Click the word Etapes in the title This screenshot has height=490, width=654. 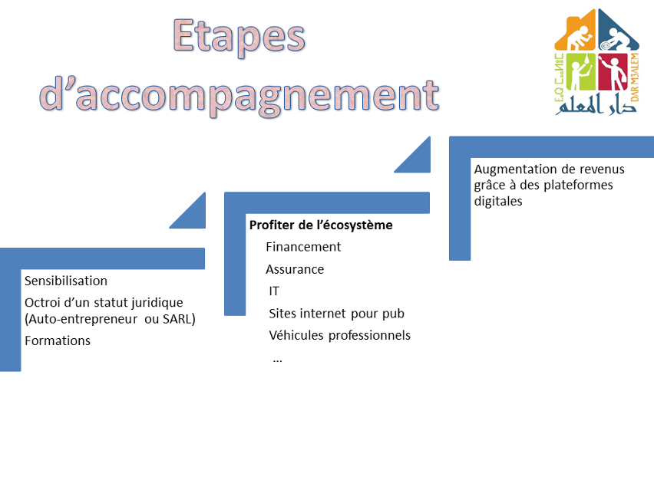pyautogui.click(x=239, y=38)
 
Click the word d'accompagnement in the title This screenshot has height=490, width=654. pyautogui.click(x=239, y=97)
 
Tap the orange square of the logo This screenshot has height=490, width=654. pyautogui.click(x=575, y=31)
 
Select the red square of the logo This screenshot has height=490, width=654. pyautogui.click(x=613, y=71)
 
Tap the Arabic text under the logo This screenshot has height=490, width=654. pyautogui.click(x=596, y=105)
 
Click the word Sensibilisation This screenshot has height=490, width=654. pyautogui.click(x=66, y=281)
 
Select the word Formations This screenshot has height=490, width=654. pyautogui.click(x=58, y=340)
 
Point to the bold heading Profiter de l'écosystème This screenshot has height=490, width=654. pyautogui.click(x=321, y=225)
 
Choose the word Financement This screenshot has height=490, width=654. pyautogui.click(x=303, y=247)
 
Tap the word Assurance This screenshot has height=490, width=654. pyautogui.click(x=295, y=270)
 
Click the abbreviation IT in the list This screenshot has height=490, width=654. pyautogui.click(x=274, y=291)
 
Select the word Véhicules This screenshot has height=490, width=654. pyautogui.click(x=296, y=335)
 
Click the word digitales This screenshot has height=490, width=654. pyautogui.click(x=498, y=201)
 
